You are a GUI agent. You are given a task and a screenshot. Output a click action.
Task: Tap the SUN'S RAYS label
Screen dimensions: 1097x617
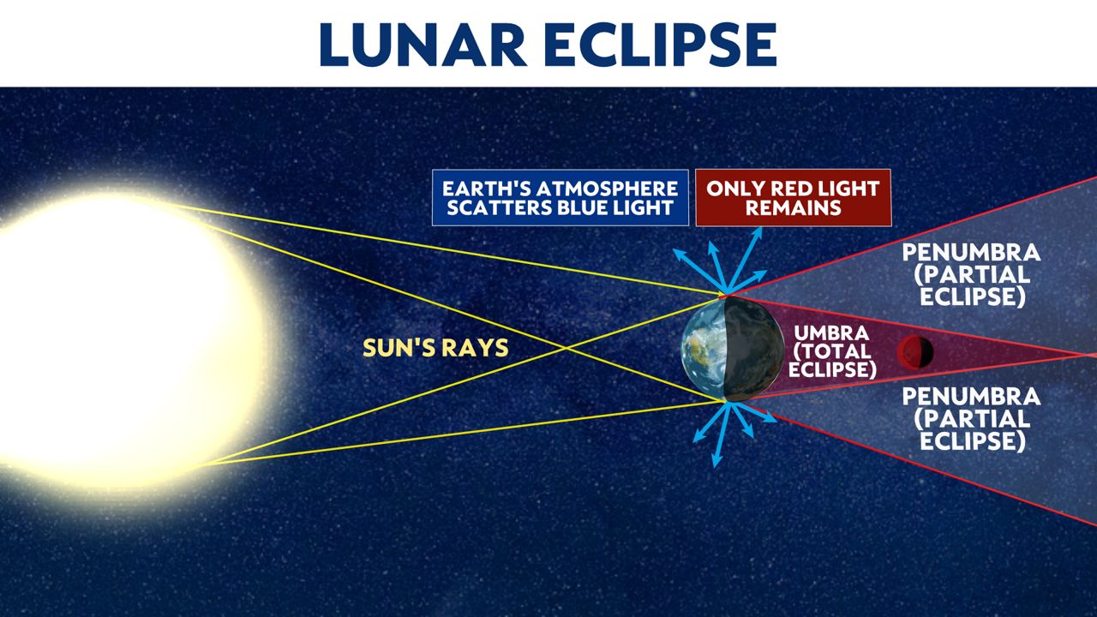435,348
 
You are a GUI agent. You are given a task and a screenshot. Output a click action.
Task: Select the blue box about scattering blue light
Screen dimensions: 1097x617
560,198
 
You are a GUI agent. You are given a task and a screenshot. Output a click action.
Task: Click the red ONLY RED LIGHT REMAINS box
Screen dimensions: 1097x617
794,198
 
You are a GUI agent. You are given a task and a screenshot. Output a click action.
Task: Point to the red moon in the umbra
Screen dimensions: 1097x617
914,352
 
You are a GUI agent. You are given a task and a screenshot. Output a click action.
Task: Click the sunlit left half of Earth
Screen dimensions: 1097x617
704,349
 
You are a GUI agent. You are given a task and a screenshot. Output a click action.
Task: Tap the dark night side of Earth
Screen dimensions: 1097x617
754,349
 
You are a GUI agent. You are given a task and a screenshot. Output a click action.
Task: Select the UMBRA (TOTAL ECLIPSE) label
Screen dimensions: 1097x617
832,351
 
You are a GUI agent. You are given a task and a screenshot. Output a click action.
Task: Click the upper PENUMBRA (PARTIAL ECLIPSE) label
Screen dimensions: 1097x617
972,275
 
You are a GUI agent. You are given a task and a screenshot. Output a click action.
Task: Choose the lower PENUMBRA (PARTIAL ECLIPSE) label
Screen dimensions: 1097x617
972,419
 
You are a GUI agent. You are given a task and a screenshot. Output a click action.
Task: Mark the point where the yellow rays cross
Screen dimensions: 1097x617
566,348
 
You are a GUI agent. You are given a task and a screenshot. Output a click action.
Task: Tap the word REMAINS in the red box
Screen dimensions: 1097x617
794,208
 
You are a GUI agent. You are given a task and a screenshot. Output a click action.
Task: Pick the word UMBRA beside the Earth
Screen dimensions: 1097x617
831,333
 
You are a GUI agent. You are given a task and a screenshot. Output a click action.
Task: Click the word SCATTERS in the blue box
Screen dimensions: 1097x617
500,208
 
